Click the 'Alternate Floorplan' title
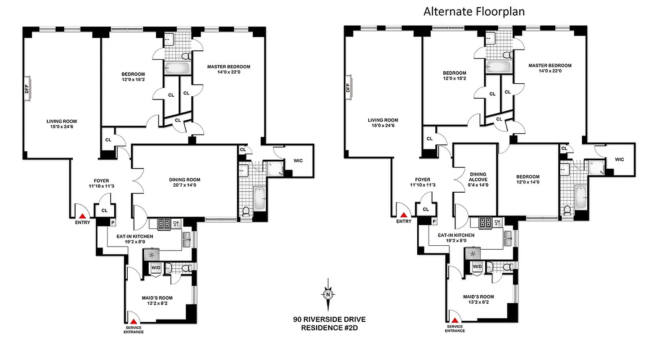point(474,11)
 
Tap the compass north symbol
point(328,295)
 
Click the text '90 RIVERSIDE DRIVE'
point(329,319)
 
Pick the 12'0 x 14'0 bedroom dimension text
point(528,182)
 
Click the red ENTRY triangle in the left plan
point(83,215)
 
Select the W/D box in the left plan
point(156,267)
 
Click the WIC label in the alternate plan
point(619,159)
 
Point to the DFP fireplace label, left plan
point(27,85)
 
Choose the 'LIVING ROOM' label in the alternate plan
point(383,120)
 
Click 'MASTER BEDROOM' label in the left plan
point(228,67)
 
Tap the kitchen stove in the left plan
point(163,223)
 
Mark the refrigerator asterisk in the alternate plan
point(473,254)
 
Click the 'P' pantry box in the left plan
point(112,222)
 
